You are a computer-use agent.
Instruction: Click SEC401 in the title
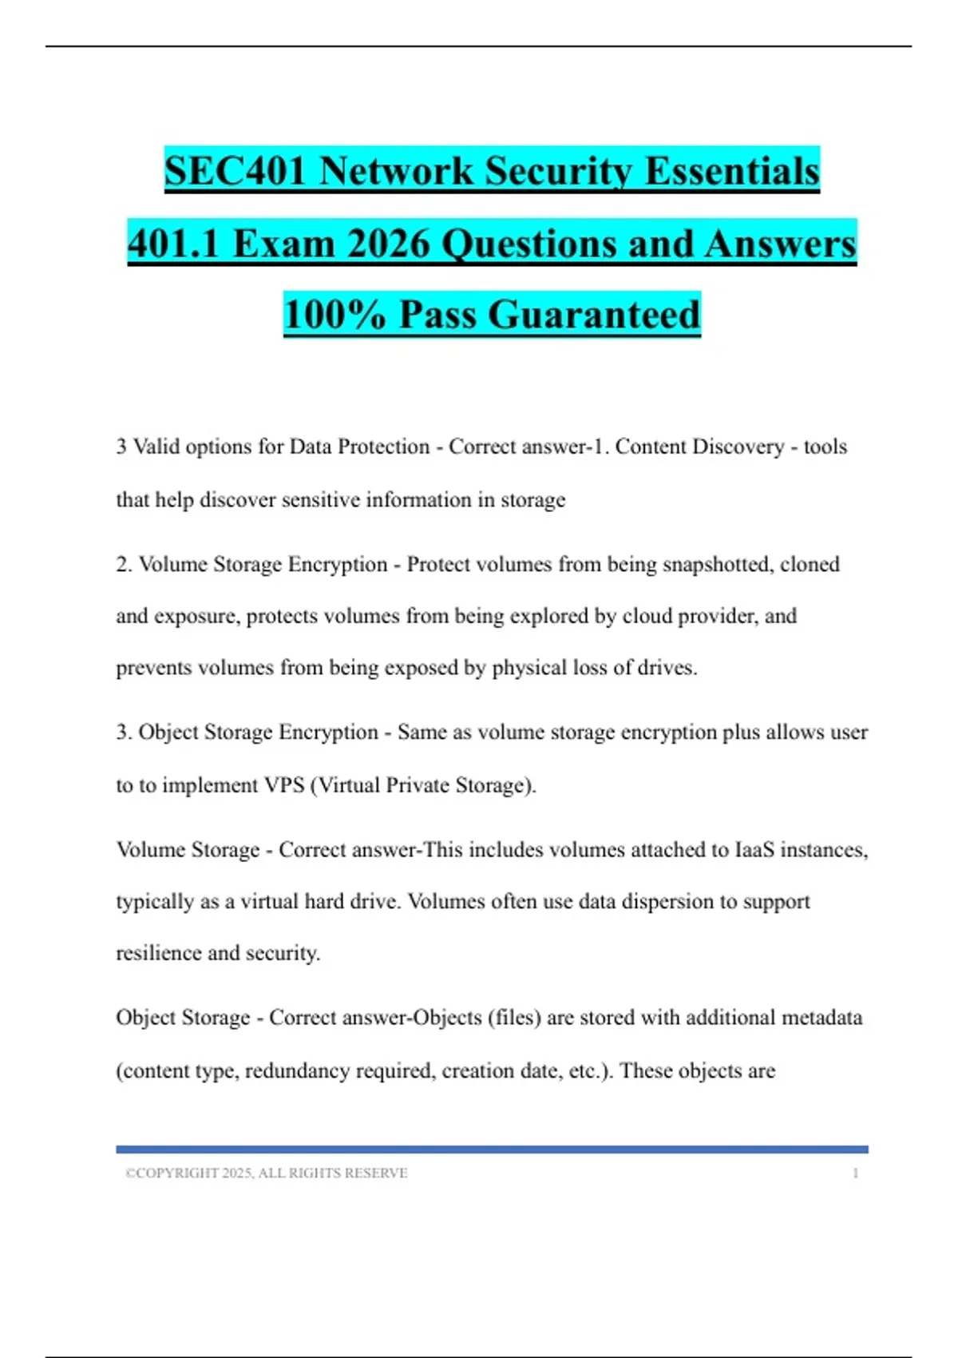[x=235, y=171]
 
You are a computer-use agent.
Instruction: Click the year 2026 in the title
[x=390, y=244]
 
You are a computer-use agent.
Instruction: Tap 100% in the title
[x=335, y=314]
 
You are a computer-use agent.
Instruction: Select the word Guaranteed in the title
[x=594, y=314]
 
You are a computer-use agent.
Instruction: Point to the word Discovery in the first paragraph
[x=739, y=447]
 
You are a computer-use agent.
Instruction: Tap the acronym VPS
[x=284, y=785]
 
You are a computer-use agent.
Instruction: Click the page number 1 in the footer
[x=855, y=1173]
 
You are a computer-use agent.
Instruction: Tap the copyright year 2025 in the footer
[x=237, y=1173]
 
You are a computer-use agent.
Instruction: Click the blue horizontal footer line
[x=492, y=1150]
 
